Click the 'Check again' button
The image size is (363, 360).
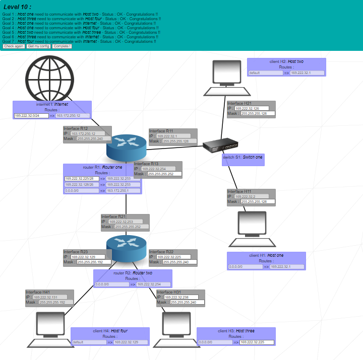click(14, 46)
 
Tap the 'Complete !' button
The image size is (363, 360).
click(62, 46)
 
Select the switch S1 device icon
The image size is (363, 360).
click(221, 146)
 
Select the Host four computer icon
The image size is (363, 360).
click(50, 330)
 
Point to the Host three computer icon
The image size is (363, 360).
click(176, 330)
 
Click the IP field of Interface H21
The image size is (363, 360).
click(252, 108)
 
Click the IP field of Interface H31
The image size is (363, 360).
click(181, 297)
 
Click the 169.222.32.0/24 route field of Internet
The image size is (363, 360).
click(31, 115)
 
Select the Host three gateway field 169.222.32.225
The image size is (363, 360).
click(257, 342)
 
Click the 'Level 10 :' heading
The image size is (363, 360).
click(17, 7)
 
